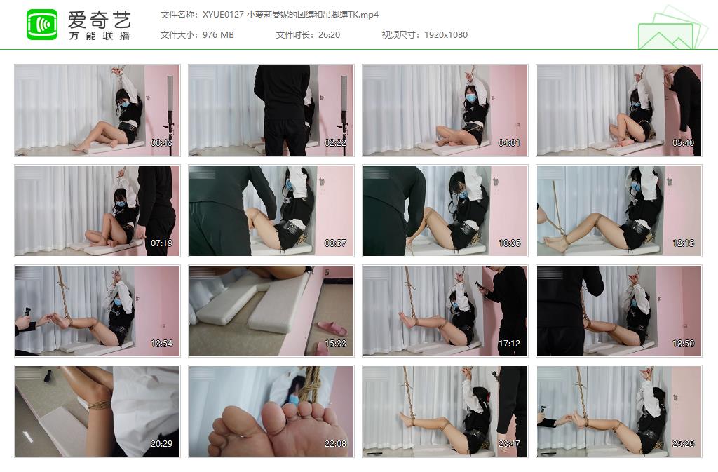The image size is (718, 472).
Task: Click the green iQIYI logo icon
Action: (x=42, y=25)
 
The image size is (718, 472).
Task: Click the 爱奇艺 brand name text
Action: (x=100, y=19)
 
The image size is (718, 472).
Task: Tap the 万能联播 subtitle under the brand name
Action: (x=100, y=36)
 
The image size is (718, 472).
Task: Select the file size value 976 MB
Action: (x=218, y=35)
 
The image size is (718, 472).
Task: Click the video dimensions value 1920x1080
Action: (x=445, y=35)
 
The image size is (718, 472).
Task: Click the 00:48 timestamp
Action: (x=162, y=143)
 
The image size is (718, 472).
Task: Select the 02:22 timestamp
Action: (x=336, y=143)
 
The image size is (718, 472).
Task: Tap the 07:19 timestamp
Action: (x=162, y=243)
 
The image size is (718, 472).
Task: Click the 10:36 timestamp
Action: (x=510, y=243)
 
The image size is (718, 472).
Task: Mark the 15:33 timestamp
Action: (x=336, y=344)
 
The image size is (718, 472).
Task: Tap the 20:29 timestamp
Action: (x=162, y=444)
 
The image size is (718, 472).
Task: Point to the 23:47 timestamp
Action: (x=510, y=444)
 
